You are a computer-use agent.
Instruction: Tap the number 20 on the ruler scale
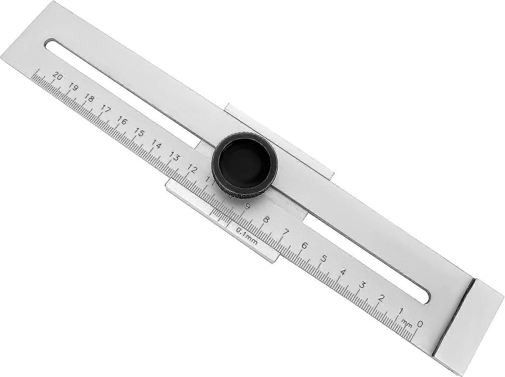point(58,77)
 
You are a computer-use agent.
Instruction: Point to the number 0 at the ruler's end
point(420,324)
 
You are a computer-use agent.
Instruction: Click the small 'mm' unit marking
point(407,323)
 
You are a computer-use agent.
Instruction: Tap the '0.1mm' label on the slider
point(246,236)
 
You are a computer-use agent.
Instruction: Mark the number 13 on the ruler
point(175,157)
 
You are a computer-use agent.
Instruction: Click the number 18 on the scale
point(89,99)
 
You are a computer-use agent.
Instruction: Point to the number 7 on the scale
point(286,232)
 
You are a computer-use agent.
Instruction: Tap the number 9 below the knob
point(247,206)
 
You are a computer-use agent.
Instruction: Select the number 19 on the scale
point(74,87)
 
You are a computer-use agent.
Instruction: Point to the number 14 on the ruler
point(156,145)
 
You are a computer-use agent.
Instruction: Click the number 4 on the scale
point(343,272)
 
